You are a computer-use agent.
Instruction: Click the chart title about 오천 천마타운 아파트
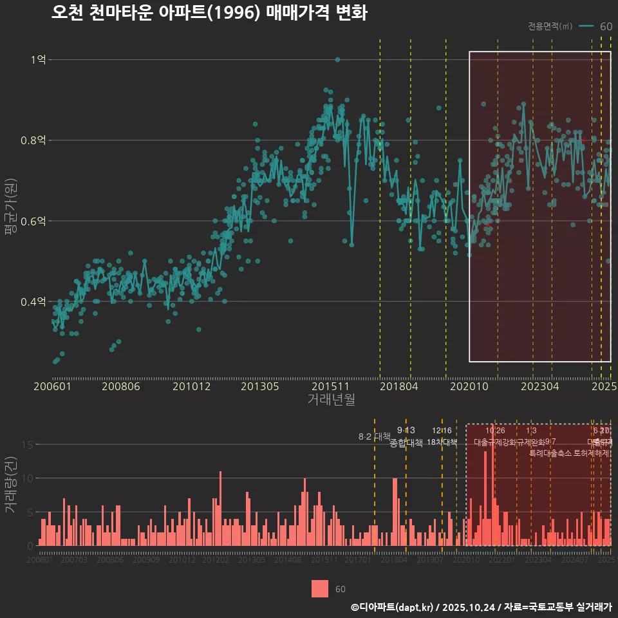coord(209,13)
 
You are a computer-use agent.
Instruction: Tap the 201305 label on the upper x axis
coord(259,386)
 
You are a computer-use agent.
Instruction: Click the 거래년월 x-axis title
coord(331,400)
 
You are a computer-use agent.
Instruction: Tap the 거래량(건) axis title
coord(10,485)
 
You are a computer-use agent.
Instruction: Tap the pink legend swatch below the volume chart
coord(320,588)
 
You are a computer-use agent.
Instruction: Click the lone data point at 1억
coord(337,60)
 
